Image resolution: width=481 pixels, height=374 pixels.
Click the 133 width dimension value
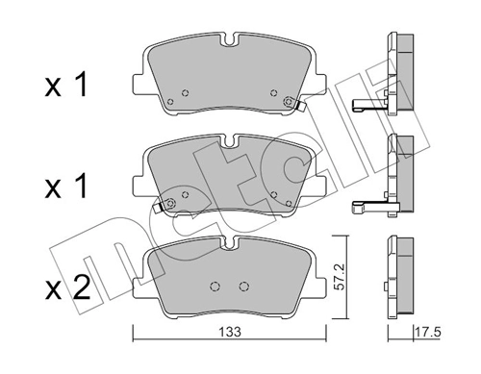[230, 332]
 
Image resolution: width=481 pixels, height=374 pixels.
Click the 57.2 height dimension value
[339, 277]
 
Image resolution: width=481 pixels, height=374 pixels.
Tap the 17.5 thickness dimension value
[428, 332]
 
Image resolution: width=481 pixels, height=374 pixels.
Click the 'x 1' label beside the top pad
[65, 85]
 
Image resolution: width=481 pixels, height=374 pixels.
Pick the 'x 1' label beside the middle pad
[65, 186]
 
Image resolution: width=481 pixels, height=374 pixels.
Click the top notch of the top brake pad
[230, 39]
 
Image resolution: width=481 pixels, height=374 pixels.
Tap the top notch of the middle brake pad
[230, 140]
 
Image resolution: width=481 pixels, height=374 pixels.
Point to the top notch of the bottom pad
[230, 243]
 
